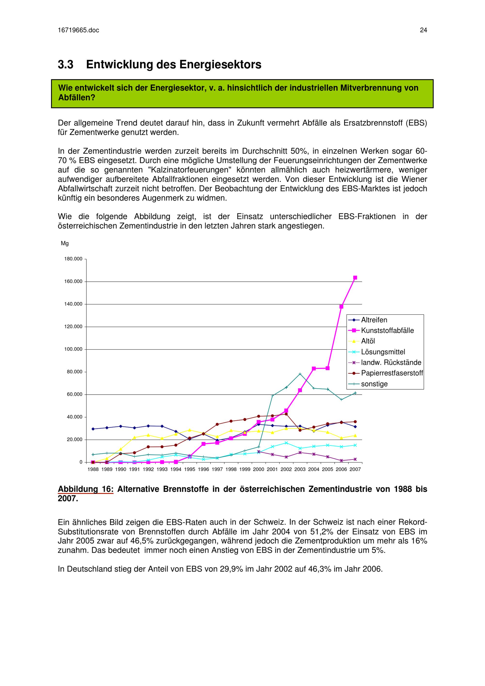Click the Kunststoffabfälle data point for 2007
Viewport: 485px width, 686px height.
pyautogui.click(x=355, y=278)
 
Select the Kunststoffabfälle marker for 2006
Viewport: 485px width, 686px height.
pyautogui.click(x=341, y=307)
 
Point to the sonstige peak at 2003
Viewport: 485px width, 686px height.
pyautogui.click(x=300, y=374)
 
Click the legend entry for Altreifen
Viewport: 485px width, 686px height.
pyautogui.click(x=374, y=320)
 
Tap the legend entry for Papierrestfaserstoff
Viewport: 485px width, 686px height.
pyautogui.click(x=392, y=373)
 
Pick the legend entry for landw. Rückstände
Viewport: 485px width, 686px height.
pyautogui.click(x=391, y=363)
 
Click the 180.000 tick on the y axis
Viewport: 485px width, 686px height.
pyautogui.click(x=73, y=259)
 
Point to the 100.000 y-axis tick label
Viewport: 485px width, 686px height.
pyautogui.click(x=73, y=349)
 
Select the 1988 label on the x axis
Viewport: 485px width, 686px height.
pyautogui.click(x=93, y=469)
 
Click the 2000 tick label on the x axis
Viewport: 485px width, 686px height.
pyautogui.click(x=259, y=469)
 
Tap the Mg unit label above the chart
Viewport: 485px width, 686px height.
pyautogui.click(x=65, y=244)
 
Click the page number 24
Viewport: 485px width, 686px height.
pyautogui.click(x=423, y=30)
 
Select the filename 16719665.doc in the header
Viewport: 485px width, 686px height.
pyautogui.click(x=78, y=30)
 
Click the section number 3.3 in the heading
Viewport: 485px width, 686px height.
pyautogui.click(x=65, y=65)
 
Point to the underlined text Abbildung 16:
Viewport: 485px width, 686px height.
pyautogui.click(x=85, y=489)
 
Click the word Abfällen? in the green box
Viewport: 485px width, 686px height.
pyautogui.click(x=76, y=98)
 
